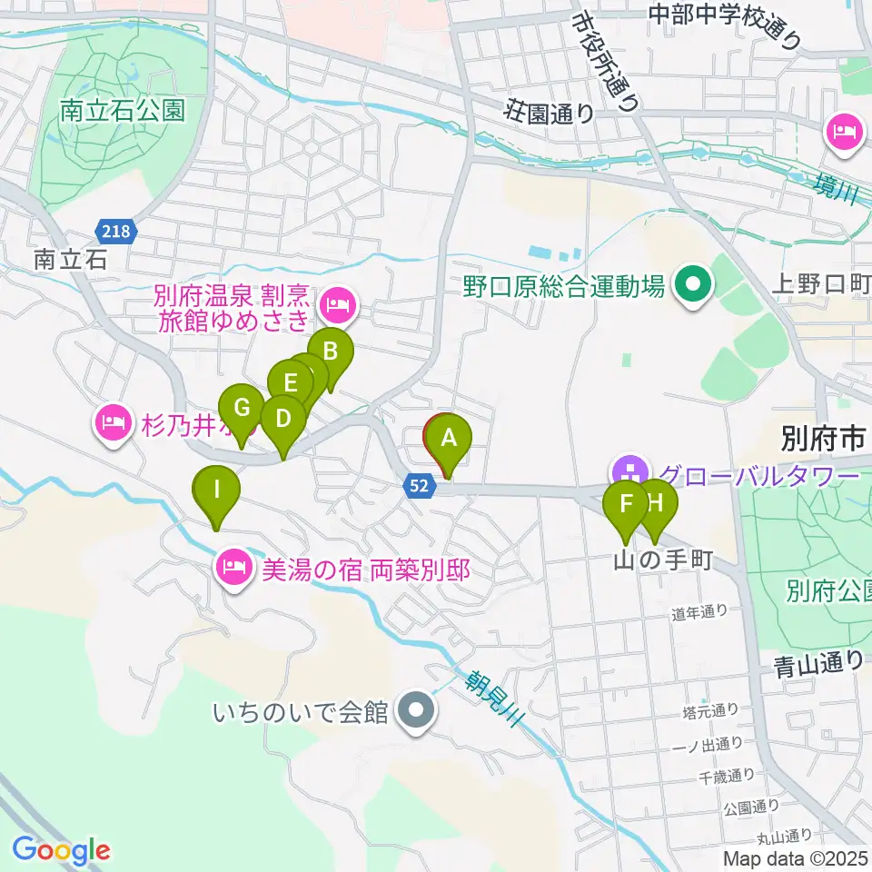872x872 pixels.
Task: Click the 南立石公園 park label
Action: (x=123, y=112)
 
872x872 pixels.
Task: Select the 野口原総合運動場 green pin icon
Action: (x=692, y=287)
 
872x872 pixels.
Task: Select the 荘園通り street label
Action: (x=550, y=114)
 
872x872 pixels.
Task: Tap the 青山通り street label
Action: (x=811, y=663)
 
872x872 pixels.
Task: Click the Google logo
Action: (x=61, y=850)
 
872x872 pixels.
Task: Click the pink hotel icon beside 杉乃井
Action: (x=113, y=421)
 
